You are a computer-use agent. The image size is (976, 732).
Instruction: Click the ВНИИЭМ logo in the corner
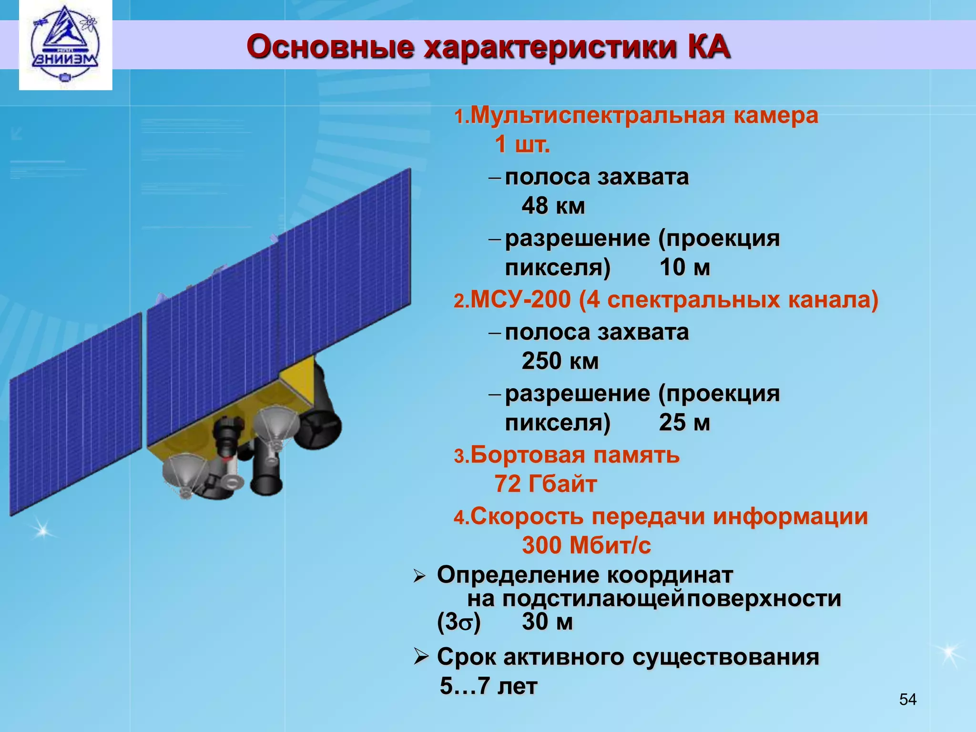[x=65, y=45]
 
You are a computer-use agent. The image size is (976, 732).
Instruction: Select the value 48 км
[x=553, y=206]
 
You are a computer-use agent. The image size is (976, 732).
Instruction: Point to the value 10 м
[x=684, y=267]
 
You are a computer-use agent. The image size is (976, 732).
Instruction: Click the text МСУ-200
[x=520, y=300]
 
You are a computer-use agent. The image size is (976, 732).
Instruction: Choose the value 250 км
[x=560, y=361]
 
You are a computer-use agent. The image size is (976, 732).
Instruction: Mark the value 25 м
[x=684, y=422]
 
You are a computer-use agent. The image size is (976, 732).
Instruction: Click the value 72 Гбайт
[x=545, y=484]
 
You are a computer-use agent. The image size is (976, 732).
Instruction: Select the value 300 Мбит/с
[x=586, y=545]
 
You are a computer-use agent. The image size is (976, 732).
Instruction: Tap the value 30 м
[x=547, y=621]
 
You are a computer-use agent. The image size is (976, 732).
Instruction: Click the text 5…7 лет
[x=488, y=686]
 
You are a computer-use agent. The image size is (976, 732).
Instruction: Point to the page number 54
[x=907, y=700]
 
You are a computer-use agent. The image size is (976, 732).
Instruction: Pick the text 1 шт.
[x=522, y=144]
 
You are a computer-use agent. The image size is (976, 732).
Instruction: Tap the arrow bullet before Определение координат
[x=419, y=576]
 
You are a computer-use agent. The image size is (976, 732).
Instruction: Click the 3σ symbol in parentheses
[x=458, y=622]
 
